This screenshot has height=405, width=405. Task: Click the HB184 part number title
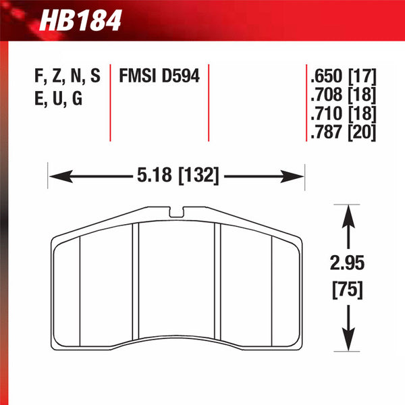pyautogui.click(x=80, y=20)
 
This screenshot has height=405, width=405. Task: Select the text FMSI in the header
pyautogui.click(x=138, y=76)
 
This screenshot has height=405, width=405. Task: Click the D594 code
pyautogui.click(x=181, y=76)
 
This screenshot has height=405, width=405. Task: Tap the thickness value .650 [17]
pyautogui.click(x=344, y=76)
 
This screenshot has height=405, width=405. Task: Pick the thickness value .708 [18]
pyautogui.click(x=344, y=94)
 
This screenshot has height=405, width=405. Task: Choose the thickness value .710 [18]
pyautogui.click(x=344, y=113)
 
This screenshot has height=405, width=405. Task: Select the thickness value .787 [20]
pyautogui.click(x=344, y=132)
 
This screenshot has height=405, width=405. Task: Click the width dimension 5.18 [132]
pyautogui.click(x=178, y=175)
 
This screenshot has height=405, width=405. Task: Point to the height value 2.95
pyautogui.click(x=347, y=263)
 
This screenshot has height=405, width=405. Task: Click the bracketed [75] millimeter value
pyautogui.click(x=348, y=290)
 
